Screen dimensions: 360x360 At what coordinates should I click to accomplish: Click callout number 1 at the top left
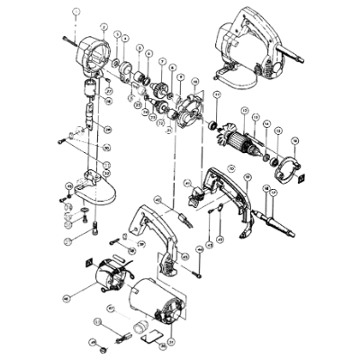point(76,9)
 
